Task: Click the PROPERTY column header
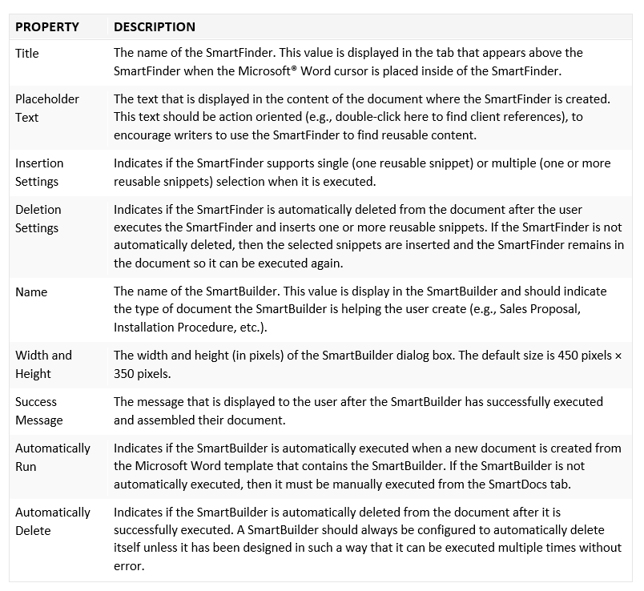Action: point(47,27)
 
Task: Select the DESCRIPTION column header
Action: point(155,27)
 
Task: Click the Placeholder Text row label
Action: point(47,108)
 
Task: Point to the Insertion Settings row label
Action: point(39,172)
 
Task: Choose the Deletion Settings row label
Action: point(38,219)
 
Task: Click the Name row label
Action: point(31,291)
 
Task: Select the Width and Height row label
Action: point(43,364)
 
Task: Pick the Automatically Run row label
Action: point(53,457)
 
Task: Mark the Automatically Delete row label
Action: point(53,521)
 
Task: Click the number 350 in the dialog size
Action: point(124,374)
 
